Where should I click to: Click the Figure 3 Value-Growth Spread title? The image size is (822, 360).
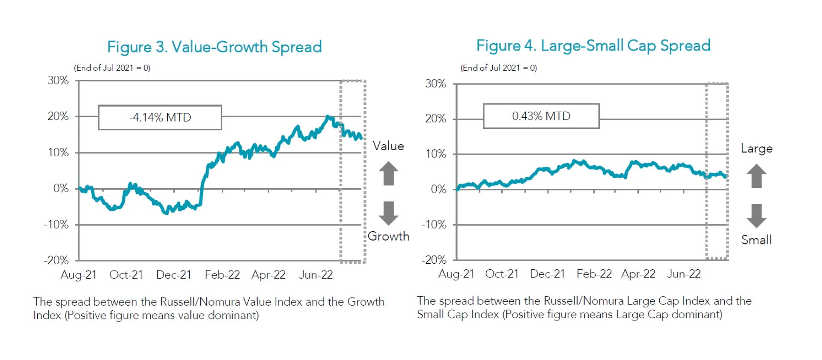point(214,47)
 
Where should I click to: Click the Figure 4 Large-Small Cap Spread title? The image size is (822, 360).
point(593,45)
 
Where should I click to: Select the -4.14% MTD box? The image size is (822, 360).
point(160,117)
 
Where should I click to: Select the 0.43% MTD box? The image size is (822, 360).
point(541,116)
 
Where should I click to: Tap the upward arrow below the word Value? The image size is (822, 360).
point(388,173)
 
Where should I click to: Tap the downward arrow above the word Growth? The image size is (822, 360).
point(388,213)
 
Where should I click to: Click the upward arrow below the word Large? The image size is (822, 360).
point(756,176)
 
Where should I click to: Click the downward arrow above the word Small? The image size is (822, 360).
point(756,215)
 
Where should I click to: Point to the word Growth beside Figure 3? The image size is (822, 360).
point(388,236)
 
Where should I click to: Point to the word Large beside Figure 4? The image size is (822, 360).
point(756,149)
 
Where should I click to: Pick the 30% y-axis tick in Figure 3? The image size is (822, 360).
point(58,80)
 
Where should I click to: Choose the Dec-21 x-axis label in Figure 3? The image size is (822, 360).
point(173,275)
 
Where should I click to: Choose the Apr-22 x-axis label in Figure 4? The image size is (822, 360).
point(638,274)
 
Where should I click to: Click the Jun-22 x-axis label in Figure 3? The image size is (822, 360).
point(316,275)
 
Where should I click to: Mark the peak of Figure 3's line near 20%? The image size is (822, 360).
point(328,116)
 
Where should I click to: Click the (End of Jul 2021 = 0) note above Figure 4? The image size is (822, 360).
point(498,68)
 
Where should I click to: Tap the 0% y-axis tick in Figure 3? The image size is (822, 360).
point(61,188)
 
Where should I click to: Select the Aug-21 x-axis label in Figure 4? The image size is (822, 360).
point(456,274)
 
